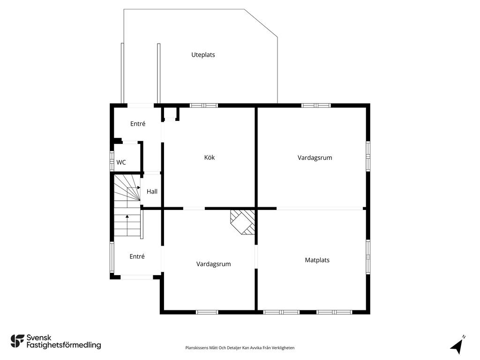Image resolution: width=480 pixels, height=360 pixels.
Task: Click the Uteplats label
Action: tap(203, 55)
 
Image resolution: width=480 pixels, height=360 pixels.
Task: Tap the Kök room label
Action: tap(210, 157)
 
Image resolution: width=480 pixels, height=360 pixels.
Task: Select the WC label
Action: tap(121, 163)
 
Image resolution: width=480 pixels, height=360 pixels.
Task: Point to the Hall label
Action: tap(152, 192)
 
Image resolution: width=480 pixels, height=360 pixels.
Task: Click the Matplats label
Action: tap(317, 260)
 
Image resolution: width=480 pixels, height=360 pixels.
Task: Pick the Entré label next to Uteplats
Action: tap(138, 124)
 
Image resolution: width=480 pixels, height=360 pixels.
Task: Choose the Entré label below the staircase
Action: tap(137, 256)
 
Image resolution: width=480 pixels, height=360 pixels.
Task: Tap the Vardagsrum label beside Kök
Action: tap(315, 157)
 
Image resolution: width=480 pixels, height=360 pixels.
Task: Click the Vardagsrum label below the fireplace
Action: tap(213, 264)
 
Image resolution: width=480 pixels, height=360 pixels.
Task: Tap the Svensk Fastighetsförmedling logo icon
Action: tap(17, 341)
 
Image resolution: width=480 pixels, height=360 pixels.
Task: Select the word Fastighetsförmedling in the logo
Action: tap(64, 345)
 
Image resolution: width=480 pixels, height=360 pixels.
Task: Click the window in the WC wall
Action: tap(112, 161)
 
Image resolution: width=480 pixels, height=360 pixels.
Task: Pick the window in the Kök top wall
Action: tap(203, 105)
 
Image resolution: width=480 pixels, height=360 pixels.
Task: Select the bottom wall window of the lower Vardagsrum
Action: tap(207, 312)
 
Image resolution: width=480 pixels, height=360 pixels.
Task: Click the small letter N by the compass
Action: tap(464, 337)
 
